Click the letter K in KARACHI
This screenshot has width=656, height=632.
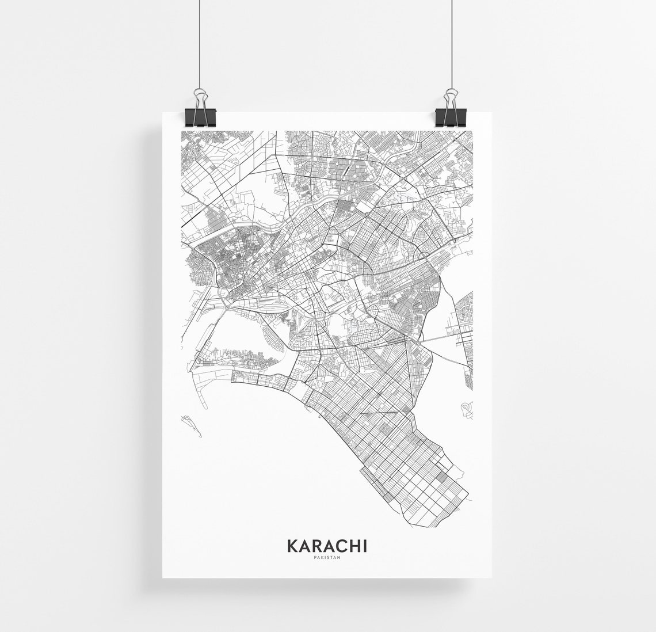(292, 545)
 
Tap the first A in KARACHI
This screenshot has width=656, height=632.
(304, 545)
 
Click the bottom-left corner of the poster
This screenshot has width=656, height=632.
(163, 577)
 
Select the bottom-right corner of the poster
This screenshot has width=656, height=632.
(493, 577)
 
